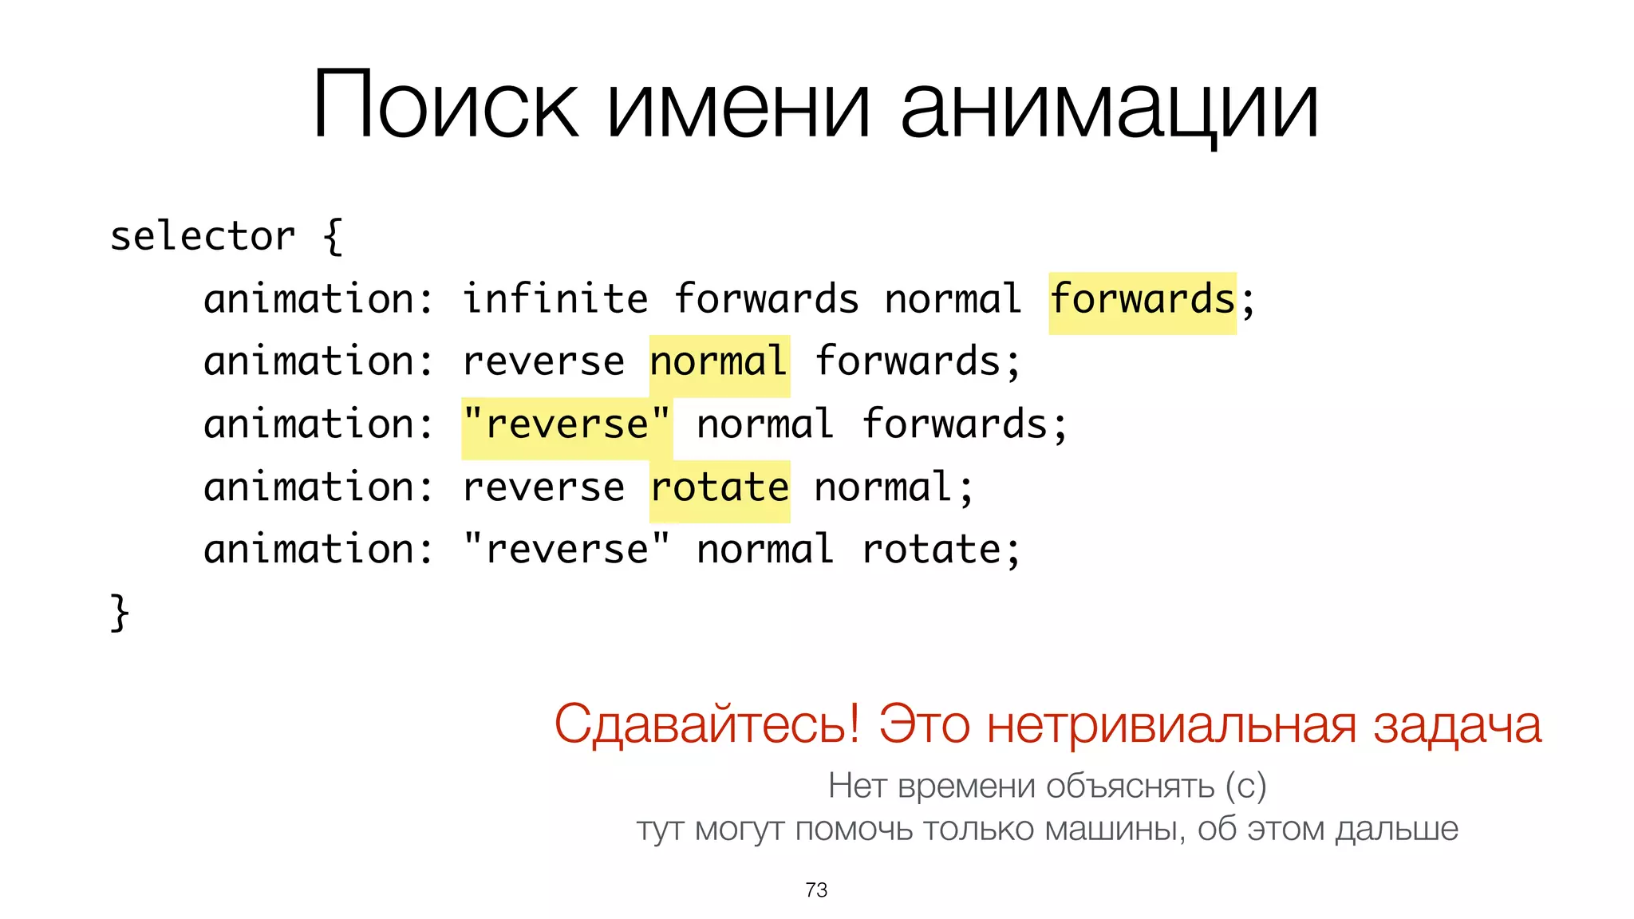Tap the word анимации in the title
1109,110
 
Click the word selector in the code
203,237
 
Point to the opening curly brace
333,237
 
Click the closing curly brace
120,613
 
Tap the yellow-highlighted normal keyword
719,362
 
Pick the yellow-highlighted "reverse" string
566,424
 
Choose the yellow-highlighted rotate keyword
720,487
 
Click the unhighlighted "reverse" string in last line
566,550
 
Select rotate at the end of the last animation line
931,550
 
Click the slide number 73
816,889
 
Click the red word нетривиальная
1171,724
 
